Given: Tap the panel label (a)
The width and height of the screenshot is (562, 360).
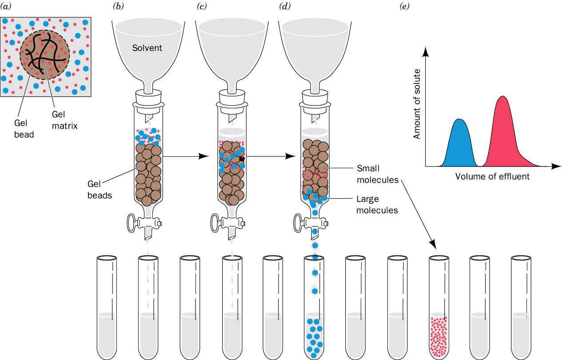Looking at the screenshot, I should point(7,6).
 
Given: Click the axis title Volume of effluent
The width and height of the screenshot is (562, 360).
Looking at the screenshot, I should point(492,177).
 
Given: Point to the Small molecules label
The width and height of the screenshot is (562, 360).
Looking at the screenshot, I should point(377,174).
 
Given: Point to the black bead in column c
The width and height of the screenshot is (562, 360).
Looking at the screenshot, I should point(242,158).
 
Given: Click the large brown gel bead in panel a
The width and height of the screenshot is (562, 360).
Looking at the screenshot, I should point(44,55).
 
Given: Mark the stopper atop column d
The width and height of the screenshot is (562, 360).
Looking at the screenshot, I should point(315,97).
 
